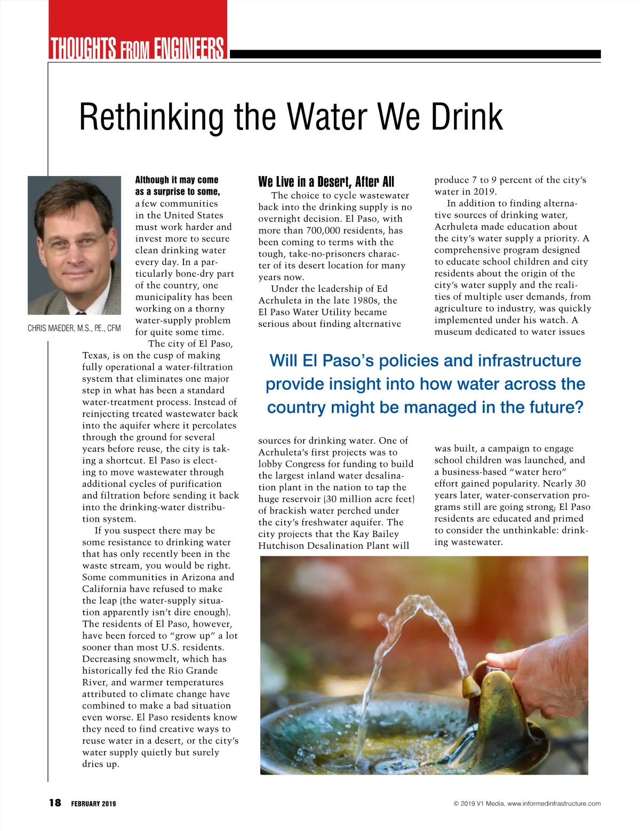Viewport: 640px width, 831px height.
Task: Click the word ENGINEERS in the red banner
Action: (189, 49)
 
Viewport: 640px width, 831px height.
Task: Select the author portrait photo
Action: (75, 245)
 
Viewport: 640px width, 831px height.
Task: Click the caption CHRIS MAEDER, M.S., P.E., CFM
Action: (74, 328)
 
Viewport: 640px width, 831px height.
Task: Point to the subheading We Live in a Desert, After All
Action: (326, 182)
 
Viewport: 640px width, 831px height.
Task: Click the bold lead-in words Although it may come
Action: (177, 180)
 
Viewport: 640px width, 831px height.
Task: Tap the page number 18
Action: (55, 803)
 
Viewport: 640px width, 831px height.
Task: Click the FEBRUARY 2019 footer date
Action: (93, 803)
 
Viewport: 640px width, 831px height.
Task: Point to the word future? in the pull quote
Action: (556, 407)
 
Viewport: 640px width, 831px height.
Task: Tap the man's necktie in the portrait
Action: (80, 312)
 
